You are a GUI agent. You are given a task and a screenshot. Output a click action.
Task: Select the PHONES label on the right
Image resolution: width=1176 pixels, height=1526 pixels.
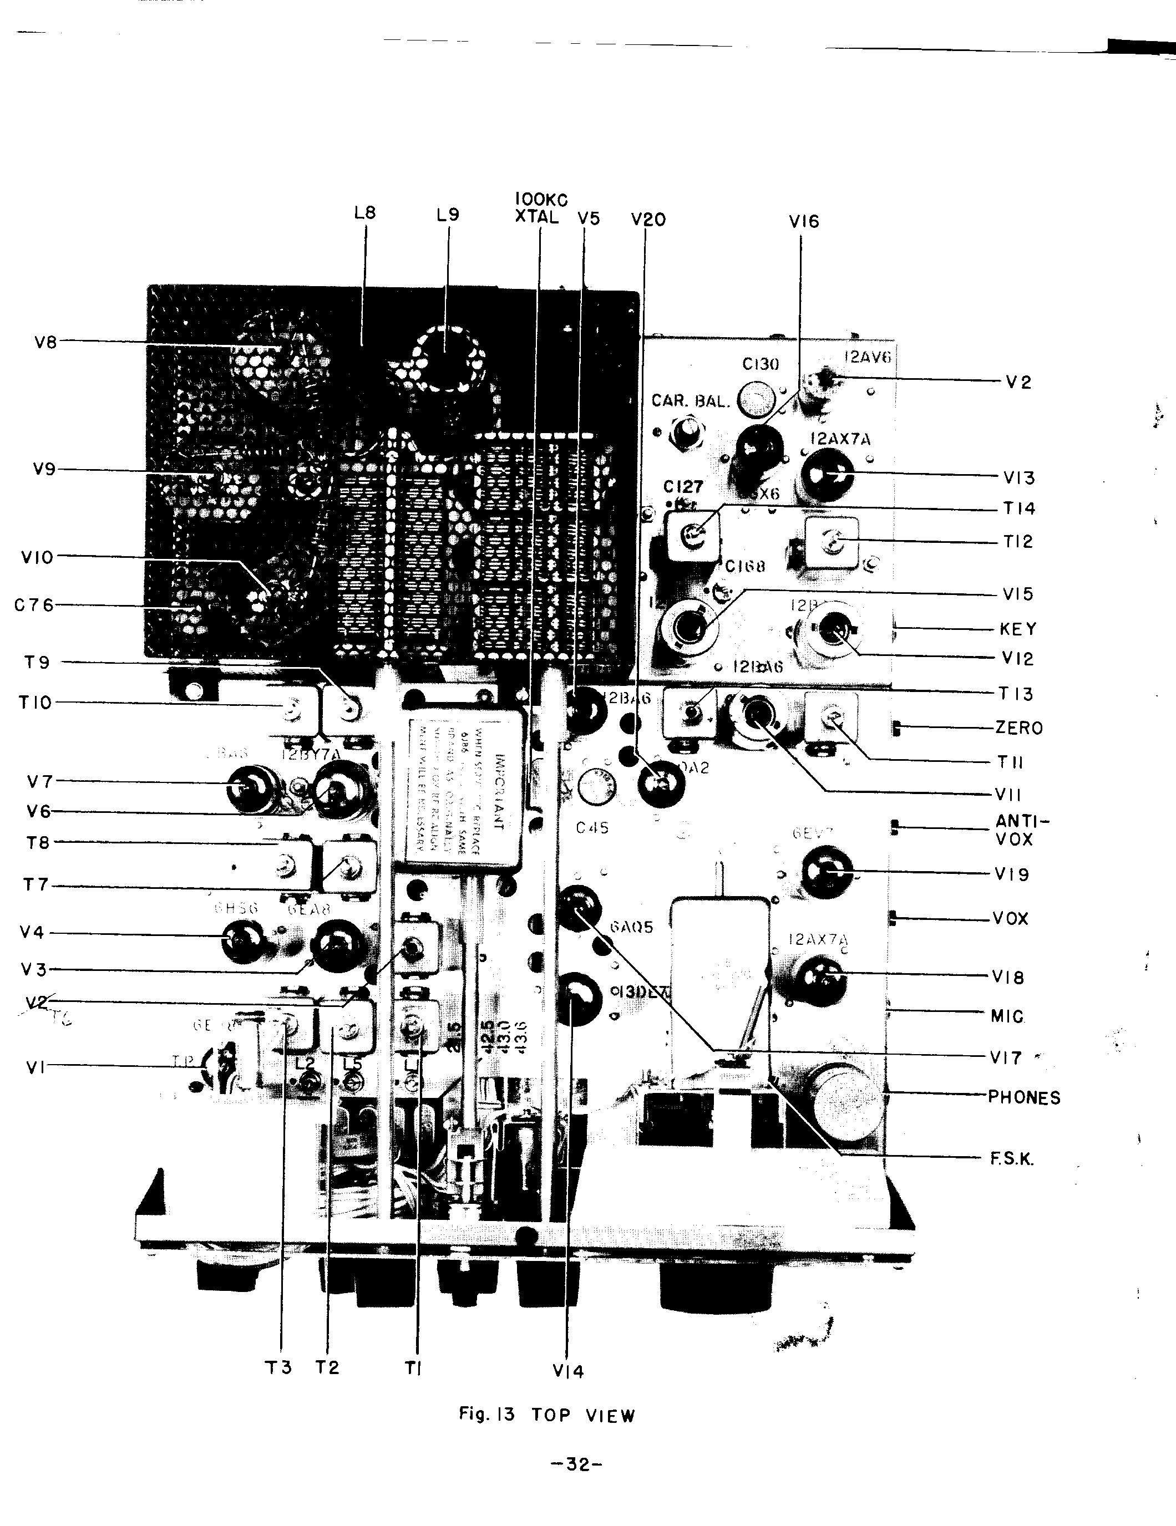coord(1023,1098)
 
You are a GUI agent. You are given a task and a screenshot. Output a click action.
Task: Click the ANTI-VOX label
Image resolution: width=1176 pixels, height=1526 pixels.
coord(1022,830)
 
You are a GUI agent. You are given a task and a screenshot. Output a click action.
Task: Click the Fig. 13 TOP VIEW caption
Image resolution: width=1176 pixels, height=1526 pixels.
coord(547,1415)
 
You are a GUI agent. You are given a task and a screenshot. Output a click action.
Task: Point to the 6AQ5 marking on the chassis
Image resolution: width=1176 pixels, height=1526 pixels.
coord(631,927)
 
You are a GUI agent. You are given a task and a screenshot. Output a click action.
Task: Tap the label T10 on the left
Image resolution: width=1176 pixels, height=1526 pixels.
coord(36,702)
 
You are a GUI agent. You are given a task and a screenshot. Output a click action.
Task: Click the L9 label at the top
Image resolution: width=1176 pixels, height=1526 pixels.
coord(448,215)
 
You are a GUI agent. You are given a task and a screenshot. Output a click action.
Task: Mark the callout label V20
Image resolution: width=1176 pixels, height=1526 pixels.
coord(647,220)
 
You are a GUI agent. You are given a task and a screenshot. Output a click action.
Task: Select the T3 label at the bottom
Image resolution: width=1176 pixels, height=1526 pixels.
coord(278,1367)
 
